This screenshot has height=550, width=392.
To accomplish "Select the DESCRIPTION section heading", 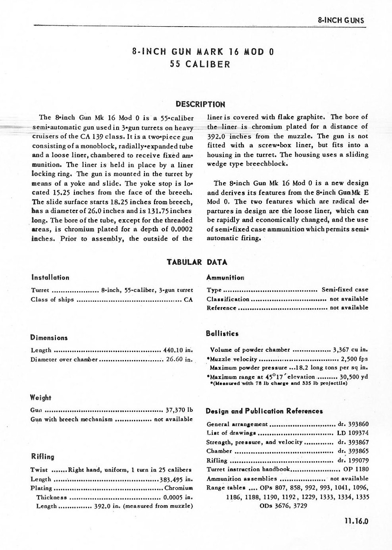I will [x=200, y=104].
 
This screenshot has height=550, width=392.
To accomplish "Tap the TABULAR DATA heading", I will [x=197, y=262].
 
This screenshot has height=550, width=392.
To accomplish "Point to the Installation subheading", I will [x=50, y=278].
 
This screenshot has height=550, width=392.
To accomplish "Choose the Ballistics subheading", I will [x=222, y=334].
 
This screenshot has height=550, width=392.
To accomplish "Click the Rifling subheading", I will [x=42, y=457].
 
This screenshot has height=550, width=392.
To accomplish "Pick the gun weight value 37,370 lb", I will [x=179, y=410].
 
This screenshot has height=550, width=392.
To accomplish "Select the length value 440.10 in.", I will [x=178, y=350].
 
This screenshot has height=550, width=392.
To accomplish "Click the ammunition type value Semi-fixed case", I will [x=344, y=289].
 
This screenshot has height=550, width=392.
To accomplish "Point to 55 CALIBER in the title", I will [x=200, y=64].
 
